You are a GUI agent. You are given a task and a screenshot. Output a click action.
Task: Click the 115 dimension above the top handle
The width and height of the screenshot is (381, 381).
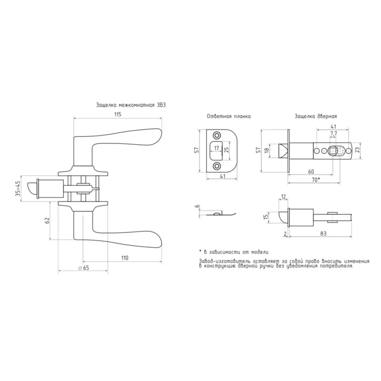[x=118, y=114]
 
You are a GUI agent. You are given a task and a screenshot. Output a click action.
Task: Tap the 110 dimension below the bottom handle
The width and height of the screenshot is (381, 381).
[x=125, y=258]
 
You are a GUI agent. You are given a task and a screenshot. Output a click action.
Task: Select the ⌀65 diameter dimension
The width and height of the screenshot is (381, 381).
[x=83, y=268]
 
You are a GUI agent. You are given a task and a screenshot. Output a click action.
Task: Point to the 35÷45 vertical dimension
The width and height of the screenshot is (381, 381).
[x=18, y=189]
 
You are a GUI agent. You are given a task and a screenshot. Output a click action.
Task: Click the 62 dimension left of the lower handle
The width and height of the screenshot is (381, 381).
[x=47, y=220]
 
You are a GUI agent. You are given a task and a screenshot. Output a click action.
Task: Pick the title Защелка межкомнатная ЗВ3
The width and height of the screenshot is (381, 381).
[x=131, y=105]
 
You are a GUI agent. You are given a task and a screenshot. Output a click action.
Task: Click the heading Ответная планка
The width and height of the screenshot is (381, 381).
[x=229, y=116]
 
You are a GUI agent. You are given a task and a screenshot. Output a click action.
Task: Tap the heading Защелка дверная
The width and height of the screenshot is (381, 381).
[x=316, y=116]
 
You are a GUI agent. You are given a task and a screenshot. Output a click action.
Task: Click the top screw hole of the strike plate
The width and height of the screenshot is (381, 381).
[x=216, y=135]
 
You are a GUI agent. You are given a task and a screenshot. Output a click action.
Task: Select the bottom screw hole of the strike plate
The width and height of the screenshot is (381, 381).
[x=216, y=166]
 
